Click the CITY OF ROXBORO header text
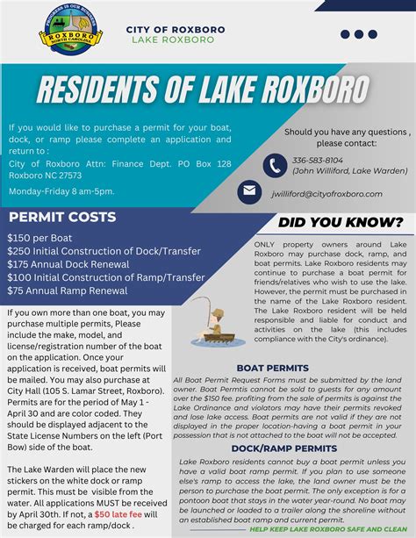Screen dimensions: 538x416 (x=176, y=29)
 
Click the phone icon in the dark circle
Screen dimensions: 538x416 (x=275, y=164)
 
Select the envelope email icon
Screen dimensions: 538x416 (x=249, y=191)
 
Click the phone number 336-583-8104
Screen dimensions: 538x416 (x=318, y=161)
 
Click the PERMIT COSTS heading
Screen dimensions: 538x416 (x=61, y=216)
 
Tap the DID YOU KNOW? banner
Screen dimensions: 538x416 (x=341, y=222)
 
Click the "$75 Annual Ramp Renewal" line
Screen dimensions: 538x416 (x=68, y=290)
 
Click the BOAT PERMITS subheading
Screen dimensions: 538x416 (x=272, y=368)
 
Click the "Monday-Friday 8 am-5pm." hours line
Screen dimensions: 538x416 (x=61, y=190)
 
